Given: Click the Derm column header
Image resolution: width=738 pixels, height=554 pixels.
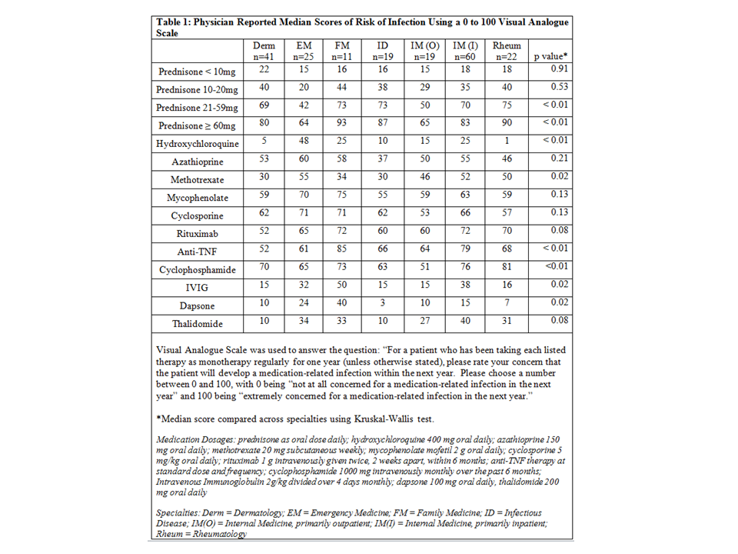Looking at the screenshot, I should point(264,51).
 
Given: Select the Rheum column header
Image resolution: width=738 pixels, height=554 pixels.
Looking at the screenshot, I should point(506,51).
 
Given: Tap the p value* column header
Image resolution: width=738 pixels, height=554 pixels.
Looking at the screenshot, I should point(550,56).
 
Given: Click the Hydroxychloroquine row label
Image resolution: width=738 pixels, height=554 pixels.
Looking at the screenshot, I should point(198,144).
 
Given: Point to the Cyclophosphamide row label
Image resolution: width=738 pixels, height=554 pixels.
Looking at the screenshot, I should point(198,270).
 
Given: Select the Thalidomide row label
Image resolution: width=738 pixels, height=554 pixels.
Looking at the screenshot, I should point(198,324).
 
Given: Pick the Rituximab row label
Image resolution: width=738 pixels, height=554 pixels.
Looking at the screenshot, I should point(198,234).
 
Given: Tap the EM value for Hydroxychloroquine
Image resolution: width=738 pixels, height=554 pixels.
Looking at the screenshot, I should point(304,143).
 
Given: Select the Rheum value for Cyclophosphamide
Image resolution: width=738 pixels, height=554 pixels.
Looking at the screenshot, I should point(506,269).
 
